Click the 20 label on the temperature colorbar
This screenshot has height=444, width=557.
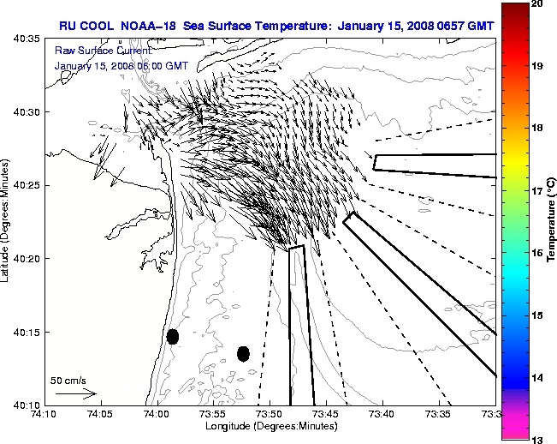[539, 3]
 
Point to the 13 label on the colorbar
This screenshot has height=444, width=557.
[539, 440]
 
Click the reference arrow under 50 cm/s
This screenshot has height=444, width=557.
[76, 394]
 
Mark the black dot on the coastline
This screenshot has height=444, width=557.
[173, 336]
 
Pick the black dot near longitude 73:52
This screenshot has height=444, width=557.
[243, 353]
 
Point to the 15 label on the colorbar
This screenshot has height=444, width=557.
[539, 315]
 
